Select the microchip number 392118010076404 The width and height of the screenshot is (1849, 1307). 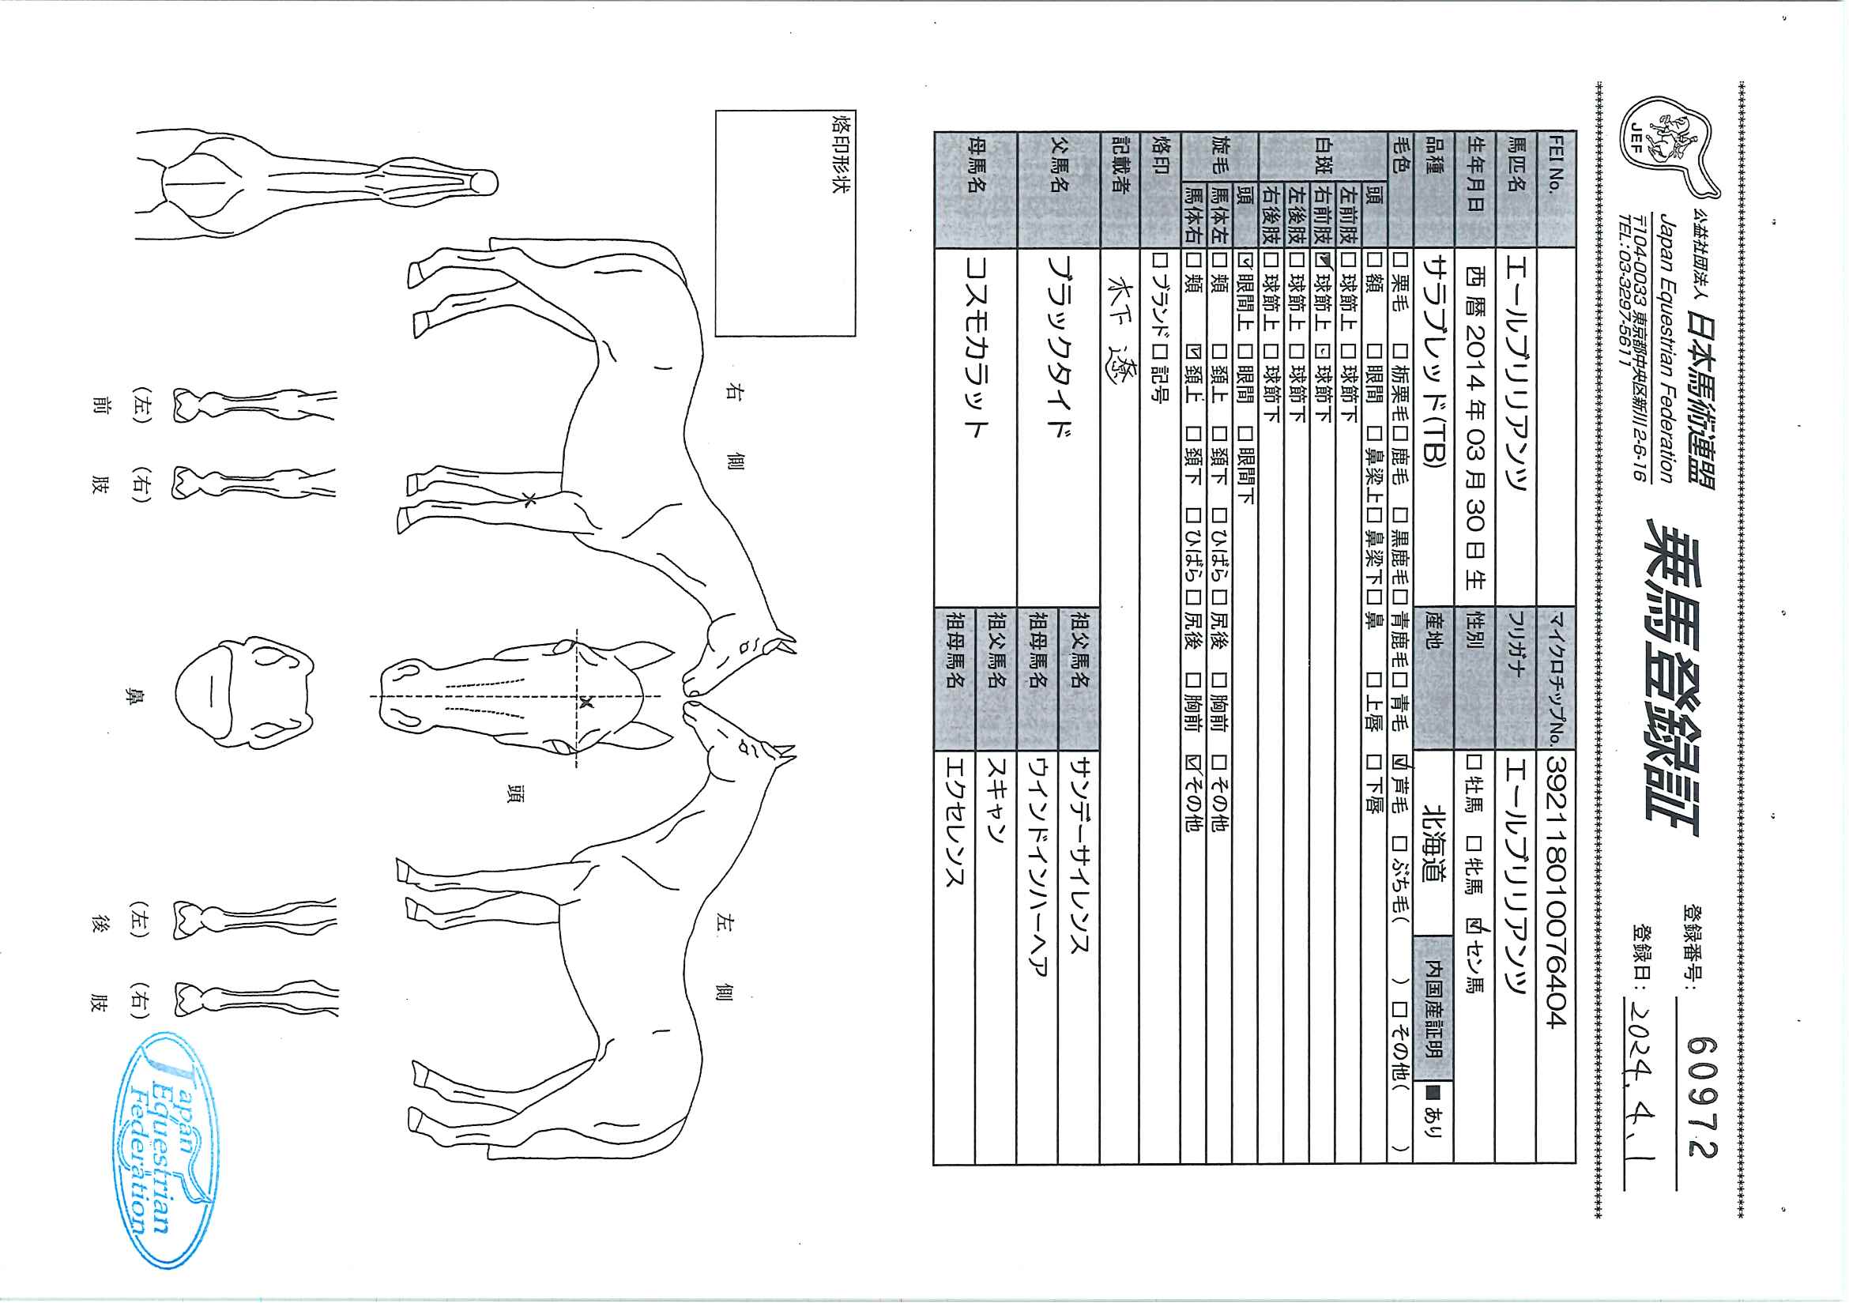point(1556,891)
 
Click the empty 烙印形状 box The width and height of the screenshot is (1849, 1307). point(785,223)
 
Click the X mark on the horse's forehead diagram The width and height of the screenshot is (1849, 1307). point(586,702)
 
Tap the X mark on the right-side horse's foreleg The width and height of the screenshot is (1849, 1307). point(529,500)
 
